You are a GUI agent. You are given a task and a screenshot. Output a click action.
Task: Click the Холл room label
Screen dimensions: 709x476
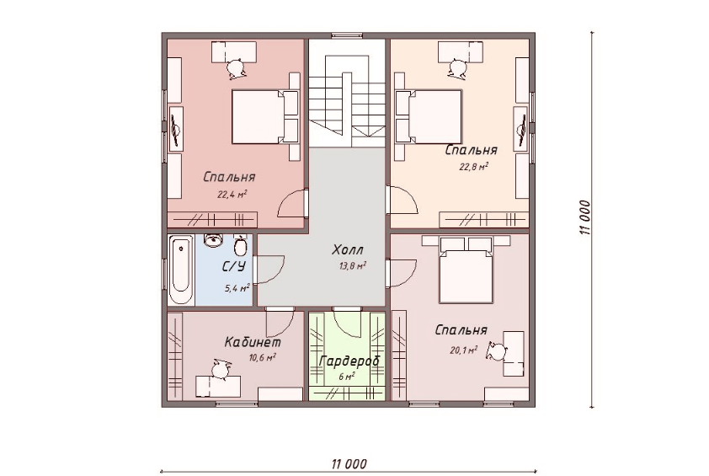coord(347,249)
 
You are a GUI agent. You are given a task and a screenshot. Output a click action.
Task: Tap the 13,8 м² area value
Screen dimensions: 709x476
coord(353,265)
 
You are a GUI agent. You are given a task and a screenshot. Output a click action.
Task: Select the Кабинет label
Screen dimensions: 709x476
coord(253,342)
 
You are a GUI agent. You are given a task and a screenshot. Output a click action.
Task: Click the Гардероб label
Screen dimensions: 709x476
coord(349,361)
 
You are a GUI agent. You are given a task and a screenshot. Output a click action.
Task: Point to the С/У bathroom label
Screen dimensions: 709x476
coord(233,266)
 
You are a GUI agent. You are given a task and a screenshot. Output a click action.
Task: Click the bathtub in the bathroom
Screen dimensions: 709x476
coord(180,270)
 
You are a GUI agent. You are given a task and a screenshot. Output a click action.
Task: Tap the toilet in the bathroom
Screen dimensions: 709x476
coord(241,245)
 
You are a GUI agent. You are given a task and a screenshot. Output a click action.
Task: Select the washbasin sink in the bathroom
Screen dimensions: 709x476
coord(213,240)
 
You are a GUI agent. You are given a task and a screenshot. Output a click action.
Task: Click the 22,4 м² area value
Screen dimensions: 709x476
coord(232,195)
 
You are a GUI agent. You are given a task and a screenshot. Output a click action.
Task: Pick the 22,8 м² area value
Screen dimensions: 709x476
coord(474,167)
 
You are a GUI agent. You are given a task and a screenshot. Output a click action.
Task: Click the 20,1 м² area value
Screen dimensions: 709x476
coord(464,350)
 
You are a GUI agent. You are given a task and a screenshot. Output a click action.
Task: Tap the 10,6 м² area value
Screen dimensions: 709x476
coord(262,357)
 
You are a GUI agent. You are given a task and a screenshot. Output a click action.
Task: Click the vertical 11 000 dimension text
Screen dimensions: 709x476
coord(585,217)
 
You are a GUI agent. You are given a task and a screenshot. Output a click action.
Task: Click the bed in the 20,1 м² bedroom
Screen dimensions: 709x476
coord(466,270)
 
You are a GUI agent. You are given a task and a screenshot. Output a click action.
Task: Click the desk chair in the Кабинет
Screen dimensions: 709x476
coord(221,369)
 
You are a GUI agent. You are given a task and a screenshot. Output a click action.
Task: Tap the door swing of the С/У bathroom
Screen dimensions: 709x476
coord(269,270)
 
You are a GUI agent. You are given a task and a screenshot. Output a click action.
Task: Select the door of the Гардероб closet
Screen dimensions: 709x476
coord(348,322)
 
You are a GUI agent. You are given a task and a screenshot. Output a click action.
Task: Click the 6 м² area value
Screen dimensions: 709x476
coord(346,376)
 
